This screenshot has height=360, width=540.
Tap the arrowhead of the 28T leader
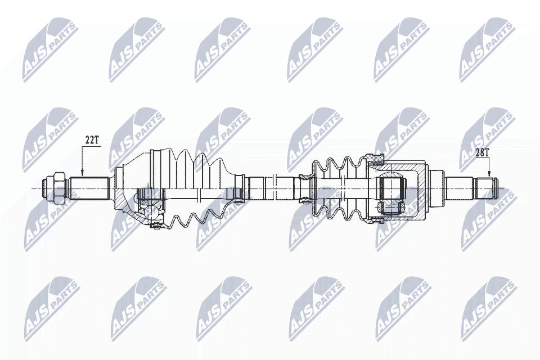(489, 175)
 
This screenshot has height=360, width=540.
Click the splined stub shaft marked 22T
(89, 187)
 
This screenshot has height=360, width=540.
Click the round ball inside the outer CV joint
(151, 212)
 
